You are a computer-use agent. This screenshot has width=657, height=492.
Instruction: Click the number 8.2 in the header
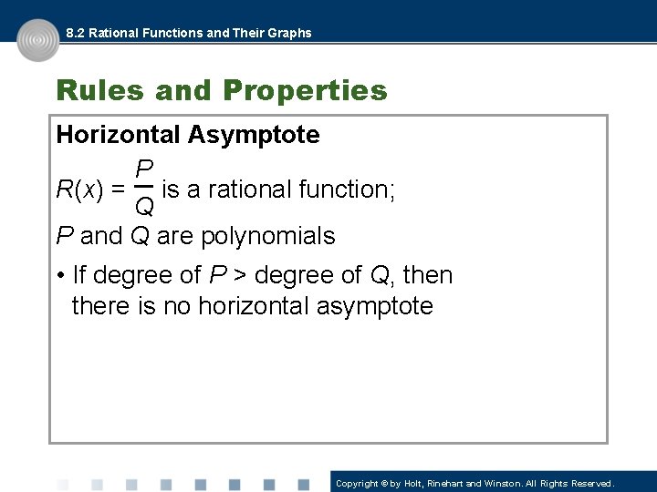click(x=77, y=33)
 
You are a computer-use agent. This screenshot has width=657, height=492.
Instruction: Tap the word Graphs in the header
click(x=289, y=33)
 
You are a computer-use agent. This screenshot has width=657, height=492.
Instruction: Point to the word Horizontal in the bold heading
click(x=119, y=135)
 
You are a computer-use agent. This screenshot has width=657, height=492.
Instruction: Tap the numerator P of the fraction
click(x=144, y=169)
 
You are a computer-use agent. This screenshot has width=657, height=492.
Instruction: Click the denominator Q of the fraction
click(x=144, y=208)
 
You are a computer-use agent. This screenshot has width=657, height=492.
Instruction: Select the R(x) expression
click(x=79, y=190)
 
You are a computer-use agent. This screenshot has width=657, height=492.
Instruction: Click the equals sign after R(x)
click(x=118, y=190)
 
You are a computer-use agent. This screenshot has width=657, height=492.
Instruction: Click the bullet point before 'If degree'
click(x=59, y=275)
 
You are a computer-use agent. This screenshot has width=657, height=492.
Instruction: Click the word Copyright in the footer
click(x=357, y=483)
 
